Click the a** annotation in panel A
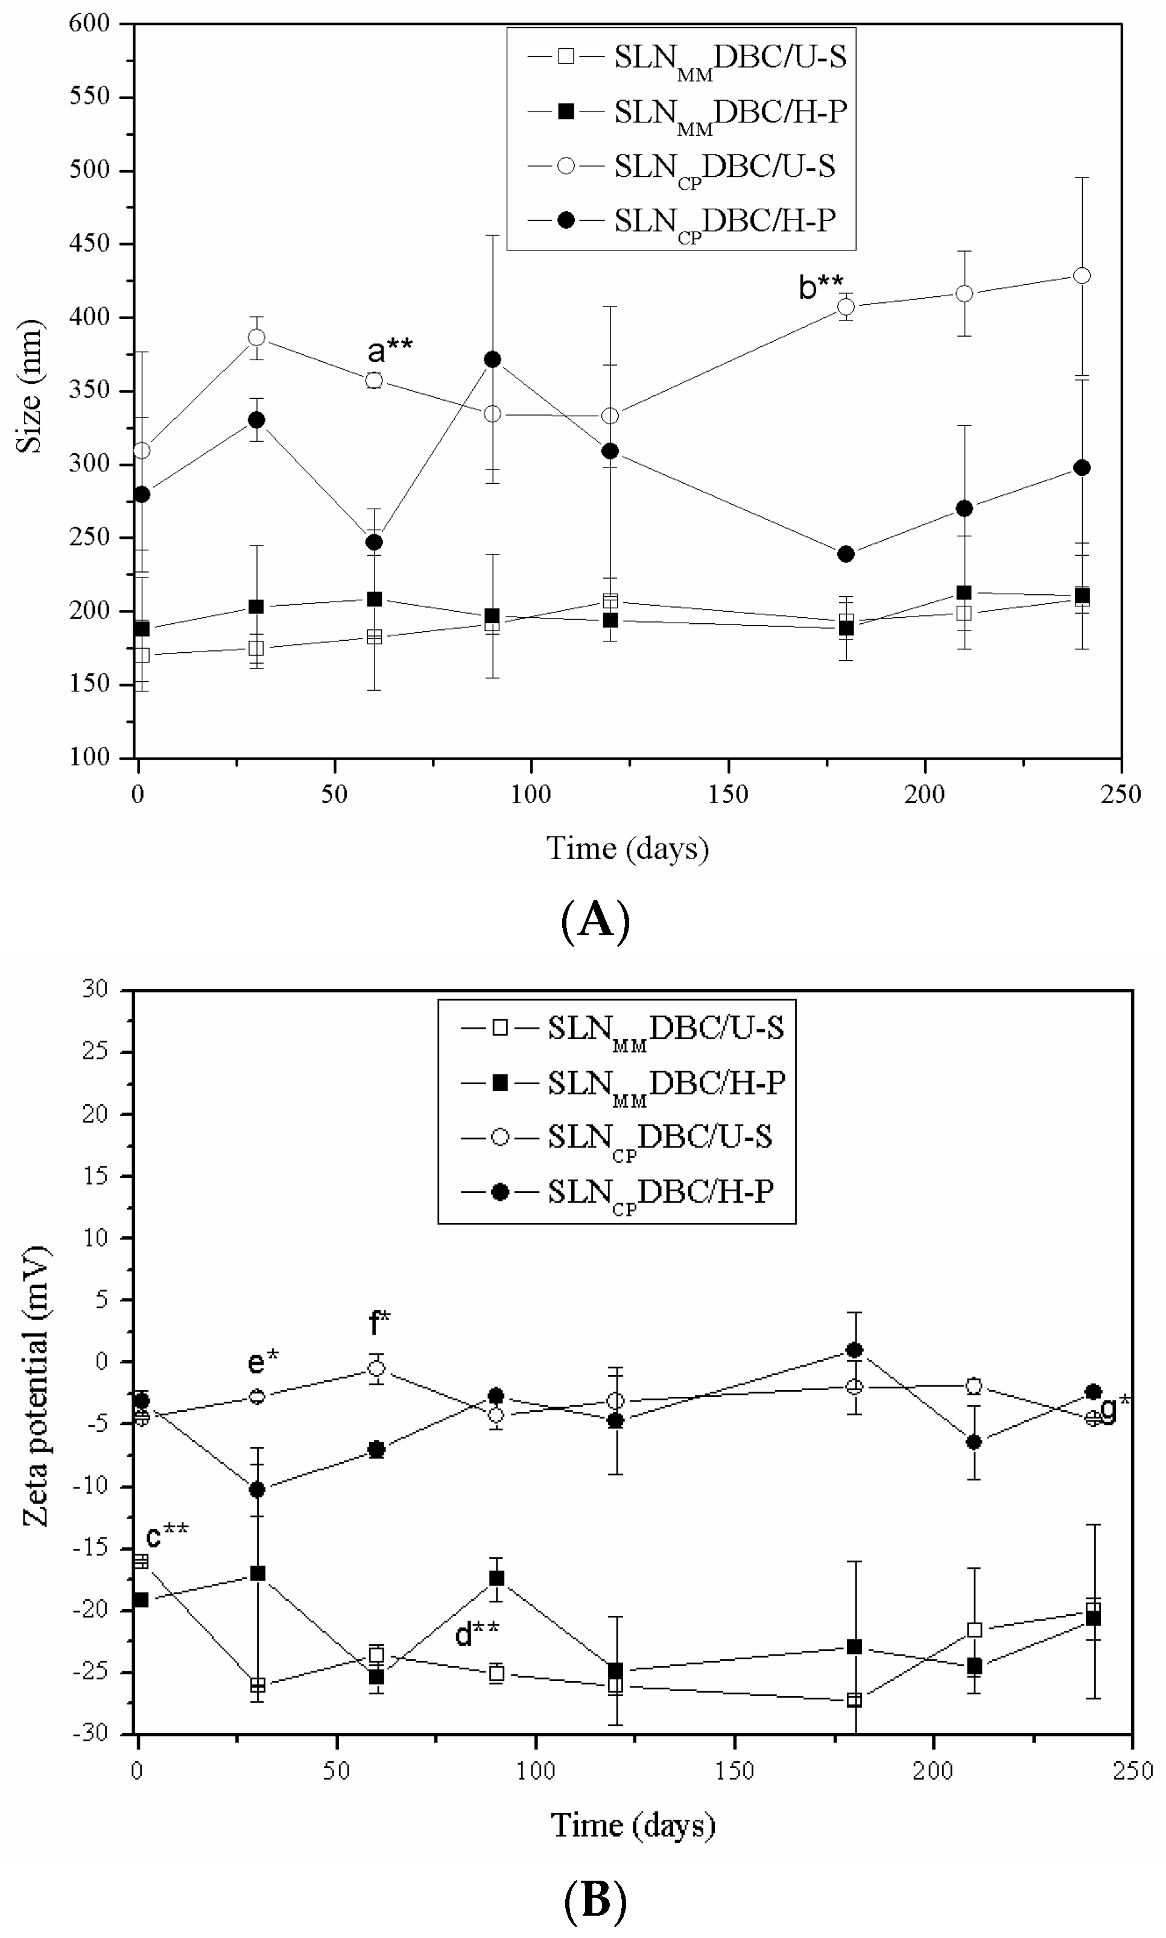pos(389,351)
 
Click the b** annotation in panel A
pos(820,288)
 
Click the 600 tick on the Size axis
pos(89,24)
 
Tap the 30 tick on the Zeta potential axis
pos(95,990)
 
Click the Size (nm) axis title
pos(29,386)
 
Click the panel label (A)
pos(595,920)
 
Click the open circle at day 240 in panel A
pos(1081,276)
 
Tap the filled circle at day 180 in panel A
pos(846,554)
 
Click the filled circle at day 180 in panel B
pos(854,1350)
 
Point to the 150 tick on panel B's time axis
pos(734,1770)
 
